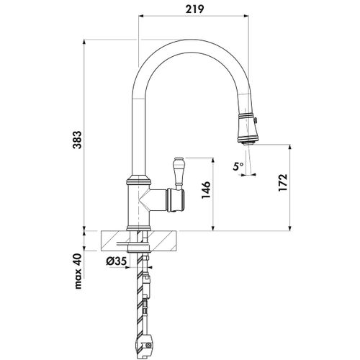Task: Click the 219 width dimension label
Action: click(x=194, y=9)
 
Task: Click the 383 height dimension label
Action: click(x=77, y=140)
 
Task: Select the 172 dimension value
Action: click(x=283, y=183)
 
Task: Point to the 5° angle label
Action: click(x=238, y=166)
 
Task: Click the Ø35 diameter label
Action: click(x=116, y=262)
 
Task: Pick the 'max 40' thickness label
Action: click(x=78, y=271)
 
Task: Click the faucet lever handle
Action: click(x=179, y=174)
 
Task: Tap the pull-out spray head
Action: click(x=248, y=128)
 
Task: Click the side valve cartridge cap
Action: click(x=176, y=200)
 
